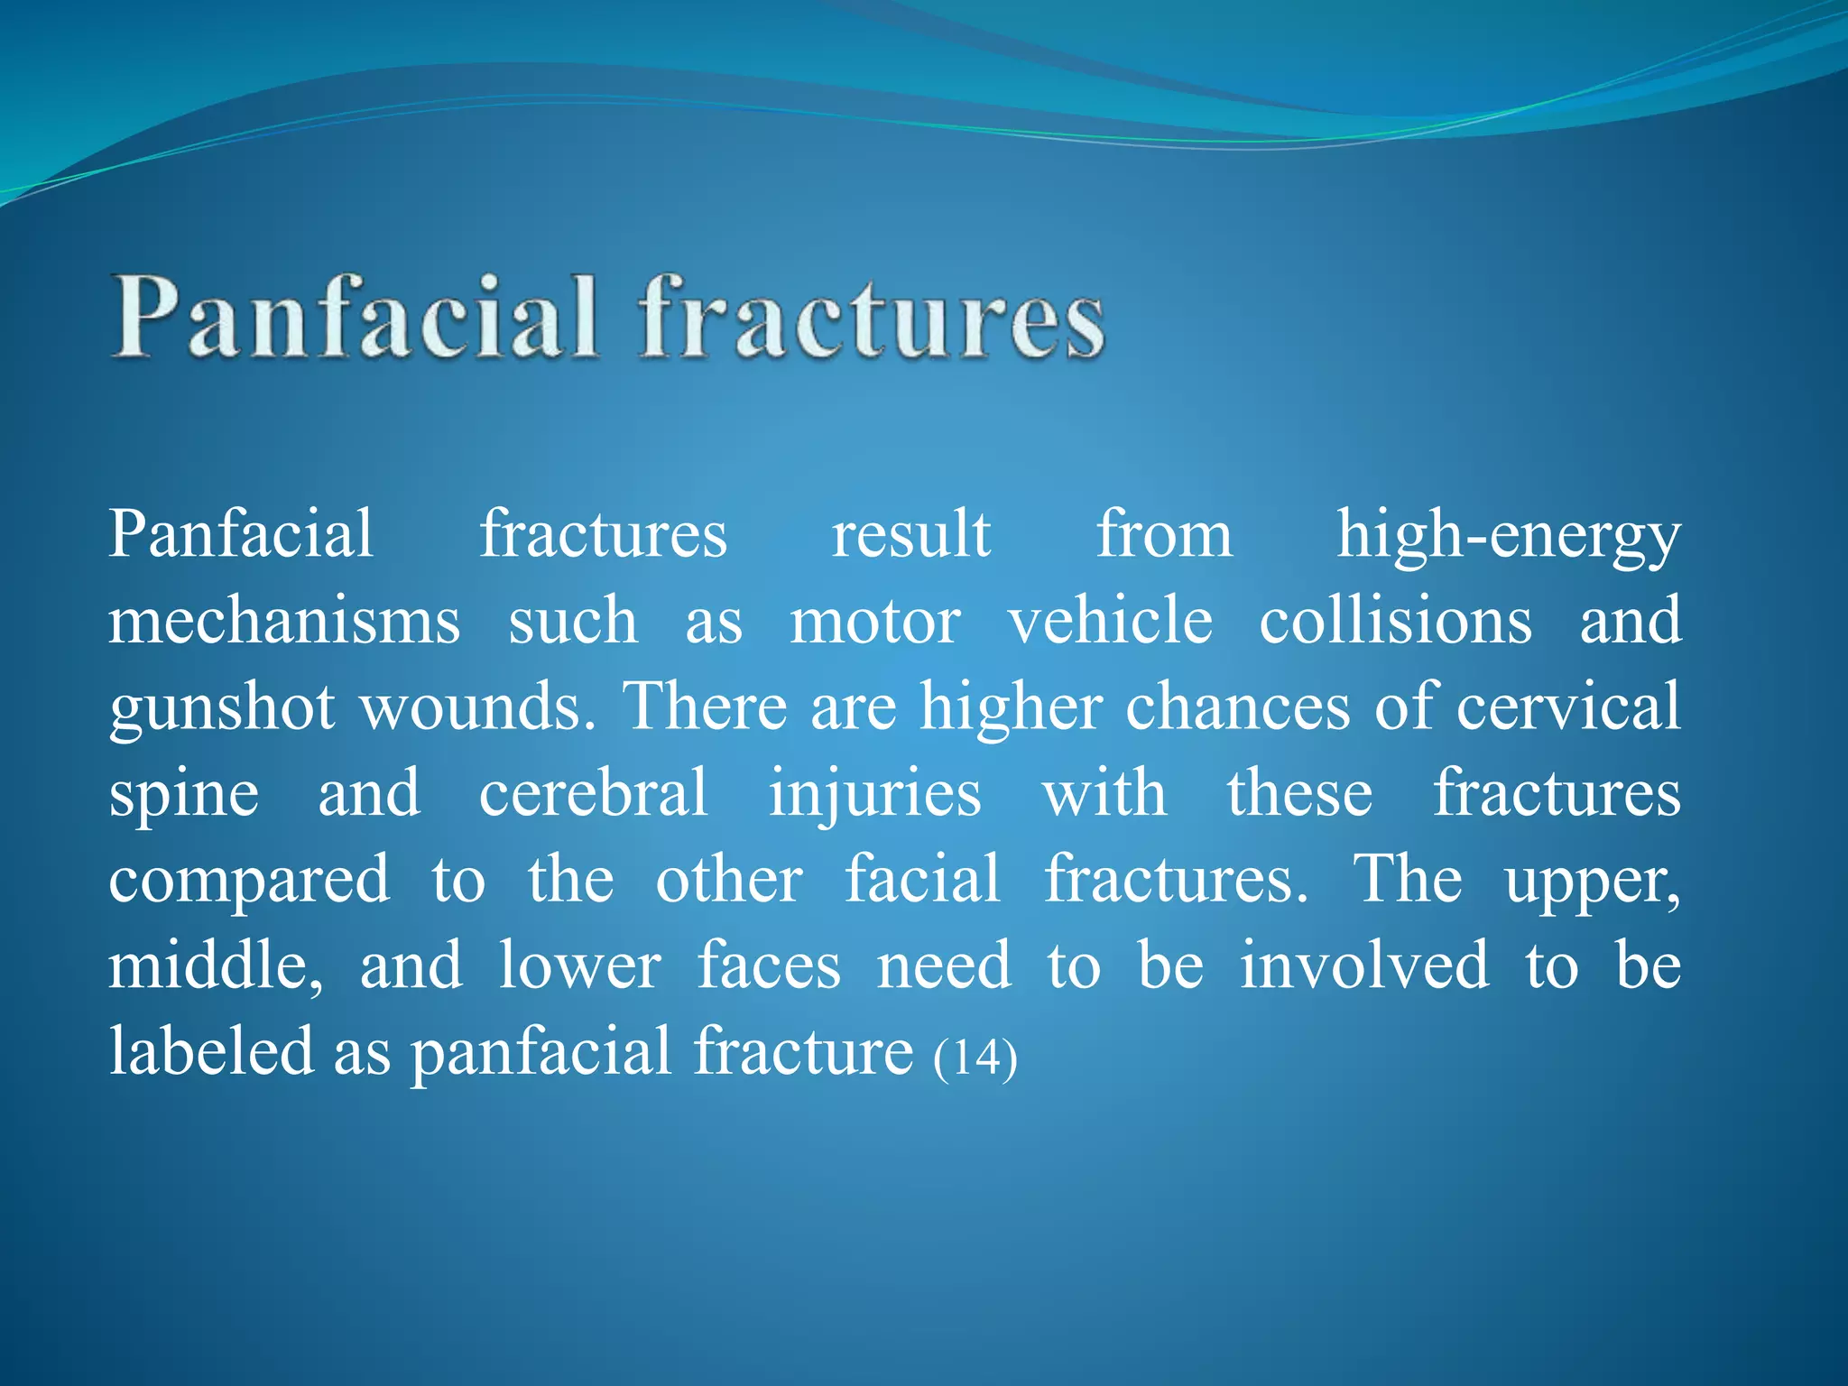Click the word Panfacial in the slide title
click(x=355, y=318)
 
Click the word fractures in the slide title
click(x=872, y=318)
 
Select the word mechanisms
click(x=284, y=622)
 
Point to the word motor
click(x=874, y=622)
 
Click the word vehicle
click(x=1110, y=622)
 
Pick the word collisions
click(x=1395, y=622)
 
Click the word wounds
click(x=477, y=707)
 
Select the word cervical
click(x=1568, y=707)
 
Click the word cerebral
click(x=593, y=792)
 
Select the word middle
click(x=215, y=966)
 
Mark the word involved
click(x=1364, y=966)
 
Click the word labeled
click(x=210, y=1052)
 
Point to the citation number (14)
click(x=975, y=1057)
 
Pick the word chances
click(x=1238, y=707)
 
